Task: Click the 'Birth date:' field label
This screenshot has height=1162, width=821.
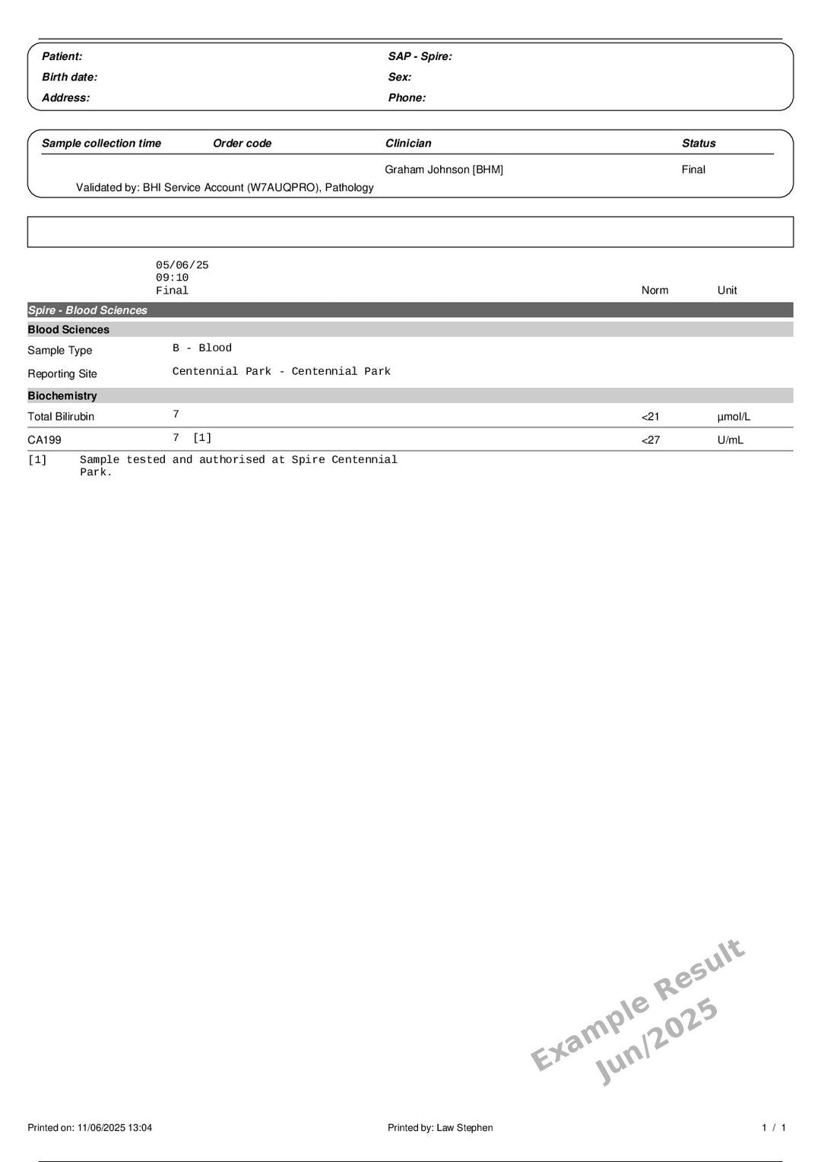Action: point(69,77)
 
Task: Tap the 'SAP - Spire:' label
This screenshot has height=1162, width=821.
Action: point(420,56)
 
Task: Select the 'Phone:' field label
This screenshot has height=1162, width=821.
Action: point(407,97)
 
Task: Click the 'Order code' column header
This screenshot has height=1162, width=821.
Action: point(242,143)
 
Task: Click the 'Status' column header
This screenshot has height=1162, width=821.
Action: point(699,143)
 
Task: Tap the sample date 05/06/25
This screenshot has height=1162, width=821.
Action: point(182,265)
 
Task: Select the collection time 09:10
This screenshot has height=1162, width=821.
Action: point(172,278)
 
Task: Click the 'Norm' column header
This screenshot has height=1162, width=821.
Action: point(655,290)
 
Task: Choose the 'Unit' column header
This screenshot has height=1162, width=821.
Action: point(727,290)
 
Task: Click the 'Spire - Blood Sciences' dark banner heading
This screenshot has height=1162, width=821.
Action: point(87,310)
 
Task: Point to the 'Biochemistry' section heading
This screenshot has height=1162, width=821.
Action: point(62,395)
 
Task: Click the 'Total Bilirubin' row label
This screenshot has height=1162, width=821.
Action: point(61,417)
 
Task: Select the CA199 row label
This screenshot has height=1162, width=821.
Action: point(44,440)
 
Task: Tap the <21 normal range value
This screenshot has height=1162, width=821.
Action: point(651,417)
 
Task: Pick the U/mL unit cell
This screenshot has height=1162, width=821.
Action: point(730,440)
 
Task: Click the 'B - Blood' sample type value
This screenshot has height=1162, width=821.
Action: point(201,348)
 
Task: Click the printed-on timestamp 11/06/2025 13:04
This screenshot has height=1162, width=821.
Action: point(114,1128)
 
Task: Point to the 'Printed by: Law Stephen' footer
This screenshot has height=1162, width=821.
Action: point(440,1128)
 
